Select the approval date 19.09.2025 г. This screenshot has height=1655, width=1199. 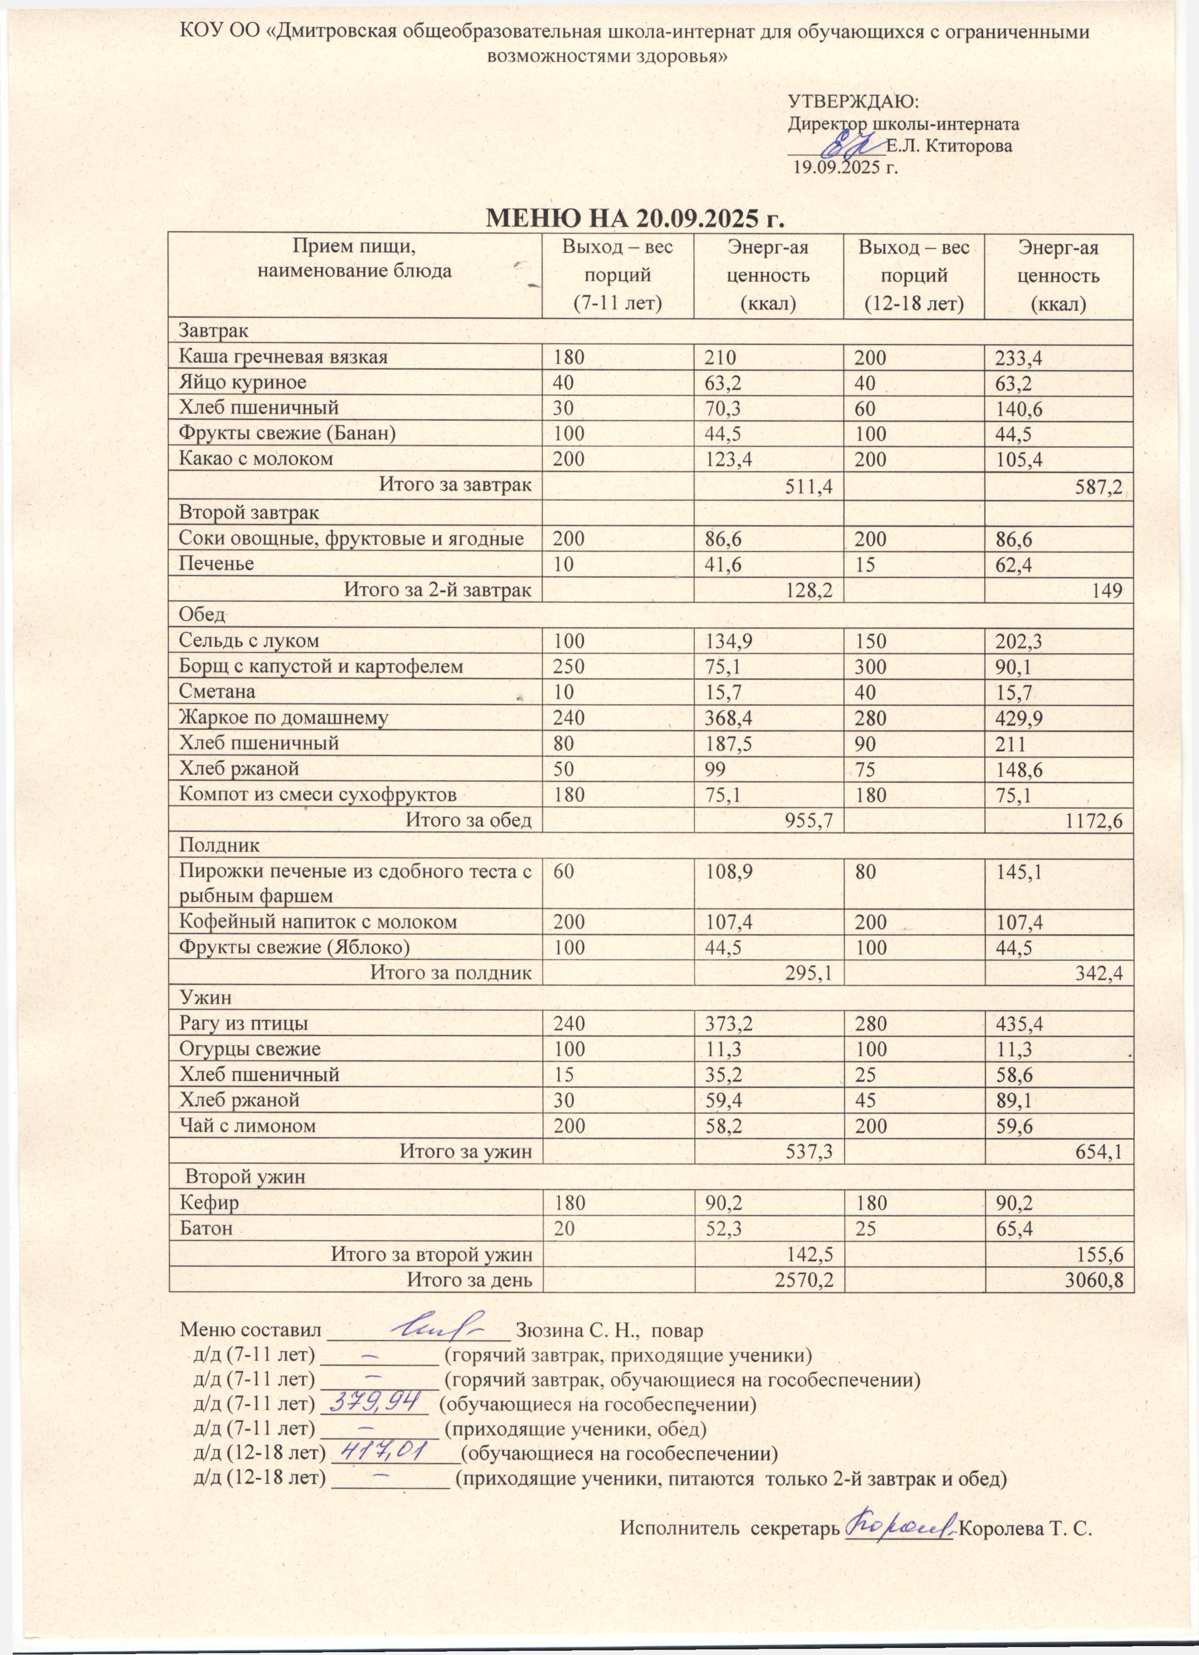coord(845,168)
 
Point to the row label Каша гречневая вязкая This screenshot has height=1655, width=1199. coord(283,357)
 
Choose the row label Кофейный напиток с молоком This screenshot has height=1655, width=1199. coord(318,922)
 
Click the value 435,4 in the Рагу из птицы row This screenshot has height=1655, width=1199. coord(1019,1024)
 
